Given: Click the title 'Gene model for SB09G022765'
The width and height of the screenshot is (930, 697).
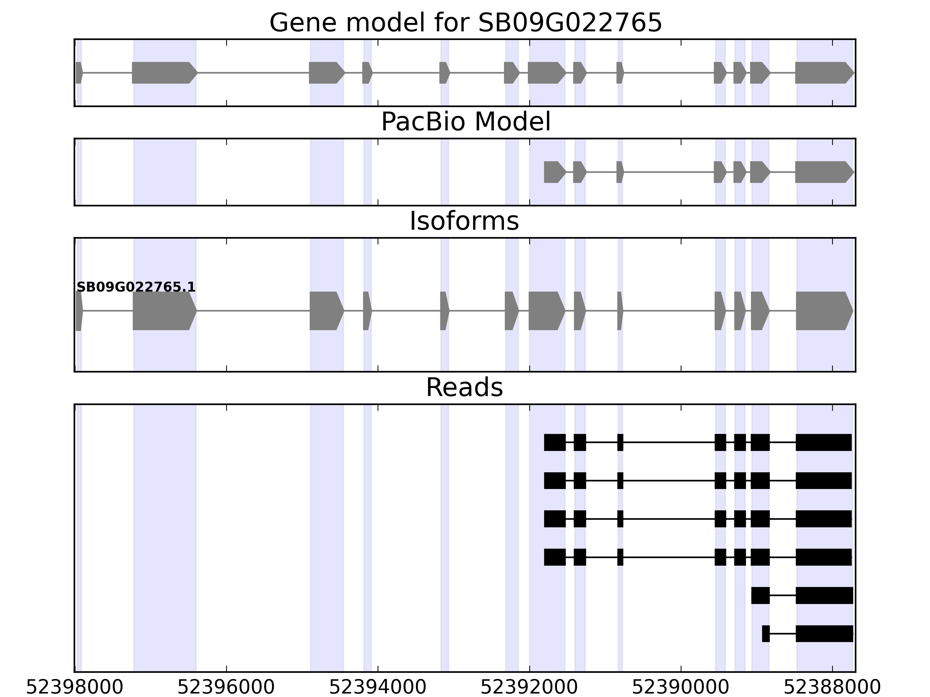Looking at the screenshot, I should click(465, 23).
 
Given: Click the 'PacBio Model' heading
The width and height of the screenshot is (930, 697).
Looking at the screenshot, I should click(465, 122).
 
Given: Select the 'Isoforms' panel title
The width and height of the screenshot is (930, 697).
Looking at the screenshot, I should click(464, 221).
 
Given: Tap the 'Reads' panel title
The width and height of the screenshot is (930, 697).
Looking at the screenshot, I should click(464, 387).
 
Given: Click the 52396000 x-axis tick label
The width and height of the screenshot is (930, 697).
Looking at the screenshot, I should click(226, 687).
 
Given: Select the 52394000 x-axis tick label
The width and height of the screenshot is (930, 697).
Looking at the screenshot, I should click(378, 687).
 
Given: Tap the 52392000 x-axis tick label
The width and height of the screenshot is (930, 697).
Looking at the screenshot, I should click(529, 687).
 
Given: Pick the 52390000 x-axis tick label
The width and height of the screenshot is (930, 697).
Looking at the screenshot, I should click(681, 687).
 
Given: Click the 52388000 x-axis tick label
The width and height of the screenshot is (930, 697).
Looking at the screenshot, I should click(832, 687).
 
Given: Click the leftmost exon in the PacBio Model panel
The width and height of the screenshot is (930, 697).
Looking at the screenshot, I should click(555, 172).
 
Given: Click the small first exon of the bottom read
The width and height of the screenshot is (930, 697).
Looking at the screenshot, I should click(766, 634).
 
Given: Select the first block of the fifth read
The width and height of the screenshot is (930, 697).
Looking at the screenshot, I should click(760, 595).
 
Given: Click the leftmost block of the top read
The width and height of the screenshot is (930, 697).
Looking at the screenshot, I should click(555, 442).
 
